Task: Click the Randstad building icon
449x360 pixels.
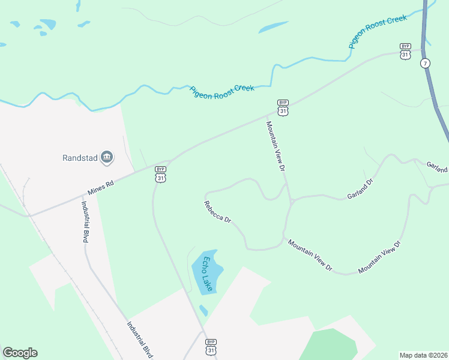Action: pyautogui.click(x=107, y=158)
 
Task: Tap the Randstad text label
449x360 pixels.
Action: pyautogui.click(x=80, y=158)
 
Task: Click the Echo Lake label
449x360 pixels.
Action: pyautogui.click(x=208, y=274)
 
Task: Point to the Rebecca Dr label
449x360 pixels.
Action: pyautogui.click(x=217, y=212)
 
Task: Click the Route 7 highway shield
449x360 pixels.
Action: pyautogui.click(x=425, y=63)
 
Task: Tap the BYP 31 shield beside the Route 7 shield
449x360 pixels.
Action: pyautogui.click(x=406, y=50)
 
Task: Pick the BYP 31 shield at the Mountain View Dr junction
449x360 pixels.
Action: pyautogui.click(x=283, y=107)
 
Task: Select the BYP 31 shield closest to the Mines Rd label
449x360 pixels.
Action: pyautogui.click(x=160, y=174)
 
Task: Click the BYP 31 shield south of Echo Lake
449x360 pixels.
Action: pyautogui.click(x=211, y=346)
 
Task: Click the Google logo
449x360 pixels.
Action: pyautogui.click(x=20, y=353)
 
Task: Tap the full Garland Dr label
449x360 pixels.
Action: pyautogui.click(x=360, y=188)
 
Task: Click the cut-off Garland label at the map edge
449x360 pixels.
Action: pyautogui.click(x=437, y=166)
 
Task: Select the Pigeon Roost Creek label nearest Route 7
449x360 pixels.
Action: pyautogui.click(x=378, y=31)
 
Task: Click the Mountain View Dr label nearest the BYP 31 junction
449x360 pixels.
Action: pyautogui.click(x=275, y=146)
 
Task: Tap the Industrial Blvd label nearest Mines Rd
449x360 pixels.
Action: pyautogui.click(x=85, y=220)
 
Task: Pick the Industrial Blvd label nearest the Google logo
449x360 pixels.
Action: pyautogui.click(x=139, y=340)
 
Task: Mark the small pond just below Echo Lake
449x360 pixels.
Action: pyautogui.click(x=203, y=310)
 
